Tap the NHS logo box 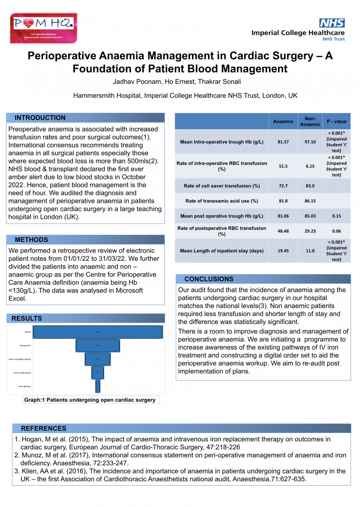pyautogui.click(x=332, y=23)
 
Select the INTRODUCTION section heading pyautogui.click(x=40, y=118)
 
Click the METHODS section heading pyautogui.click(x=31, y=240)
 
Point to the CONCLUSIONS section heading pyautogui.click(x=209, y=279)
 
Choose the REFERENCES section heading pyautogui.click(x=44, y=428)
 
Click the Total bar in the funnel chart pyautogui.click(x=97, y=332)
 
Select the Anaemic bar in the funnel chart pyautogui.click(x=97, y=345)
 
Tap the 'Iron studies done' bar pyautogui.click(x=97, y=359)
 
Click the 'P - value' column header pyautogui.click(x=336, y=122)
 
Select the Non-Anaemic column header pyautogui.click(x=310, y=122)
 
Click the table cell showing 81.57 pyautogui.click(x=283, y=142)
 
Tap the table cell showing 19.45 pyautogui.click(x=283, y=251)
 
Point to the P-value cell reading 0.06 pyautogui.click(x=336, y=231)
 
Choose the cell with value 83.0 pyautogui.click(x=310, y=186)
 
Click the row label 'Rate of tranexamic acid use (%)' pyautogui.click(x=222, y=201)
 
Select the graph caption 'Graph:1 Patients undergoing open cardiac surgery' pyautogui.click(x=90, y=400)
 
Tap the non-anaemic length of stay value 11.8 pyautogui.click(x=310, y=251)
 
